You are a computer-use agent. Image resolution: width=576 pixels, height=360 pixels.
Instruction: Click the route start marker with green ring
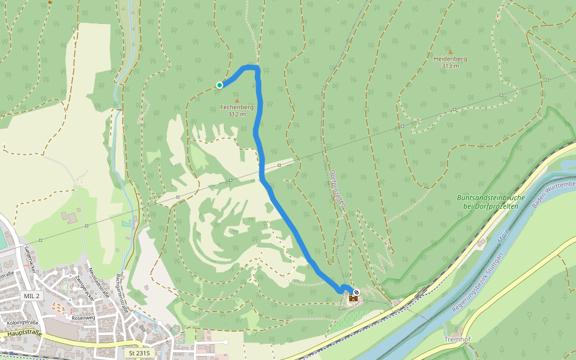[x=220, y=85]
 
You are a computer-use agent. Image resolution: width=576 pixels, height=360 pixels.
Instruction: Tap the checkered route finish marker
[x=356, y=292]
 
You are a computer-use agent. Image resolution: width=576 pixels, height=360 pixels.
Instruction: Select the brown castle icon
[x=353, y=298]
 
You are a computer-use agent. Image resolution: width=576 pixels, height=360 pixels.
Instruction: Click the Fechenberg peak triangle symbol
[x=236, y=100]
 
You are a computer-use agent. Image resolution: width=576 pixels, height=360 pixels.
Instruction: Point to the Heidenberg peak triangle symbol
[x=450, y=52]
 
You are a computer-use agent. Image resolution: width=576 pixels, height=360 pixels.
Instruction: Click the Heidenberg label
[x=450, y=59]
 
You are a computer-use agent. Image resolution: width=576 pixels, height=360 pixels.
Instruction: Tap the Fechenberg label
[x=236, y=107]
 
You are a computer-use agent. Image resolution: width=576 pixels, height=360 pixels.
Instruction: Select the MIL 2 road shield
[x=31, y=296]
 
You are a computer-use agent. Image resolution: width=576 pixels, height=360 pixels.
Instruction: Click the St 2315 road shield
[x=140, y=353]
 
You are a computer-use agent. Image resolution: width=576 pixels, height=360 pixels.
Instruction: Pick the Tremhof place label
[x=457, y=340]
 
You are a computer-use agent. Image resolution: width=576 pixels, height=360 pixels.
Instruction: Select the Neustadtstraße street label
[x=100, y=285]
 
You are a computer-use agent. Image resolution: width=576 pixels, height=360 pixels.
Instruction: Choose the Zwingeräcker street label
[x=83, y=287]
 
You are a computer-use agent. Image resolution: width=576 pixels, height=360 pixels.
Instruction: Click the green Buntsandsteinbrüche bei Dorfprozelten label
[x=491, y=202]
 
